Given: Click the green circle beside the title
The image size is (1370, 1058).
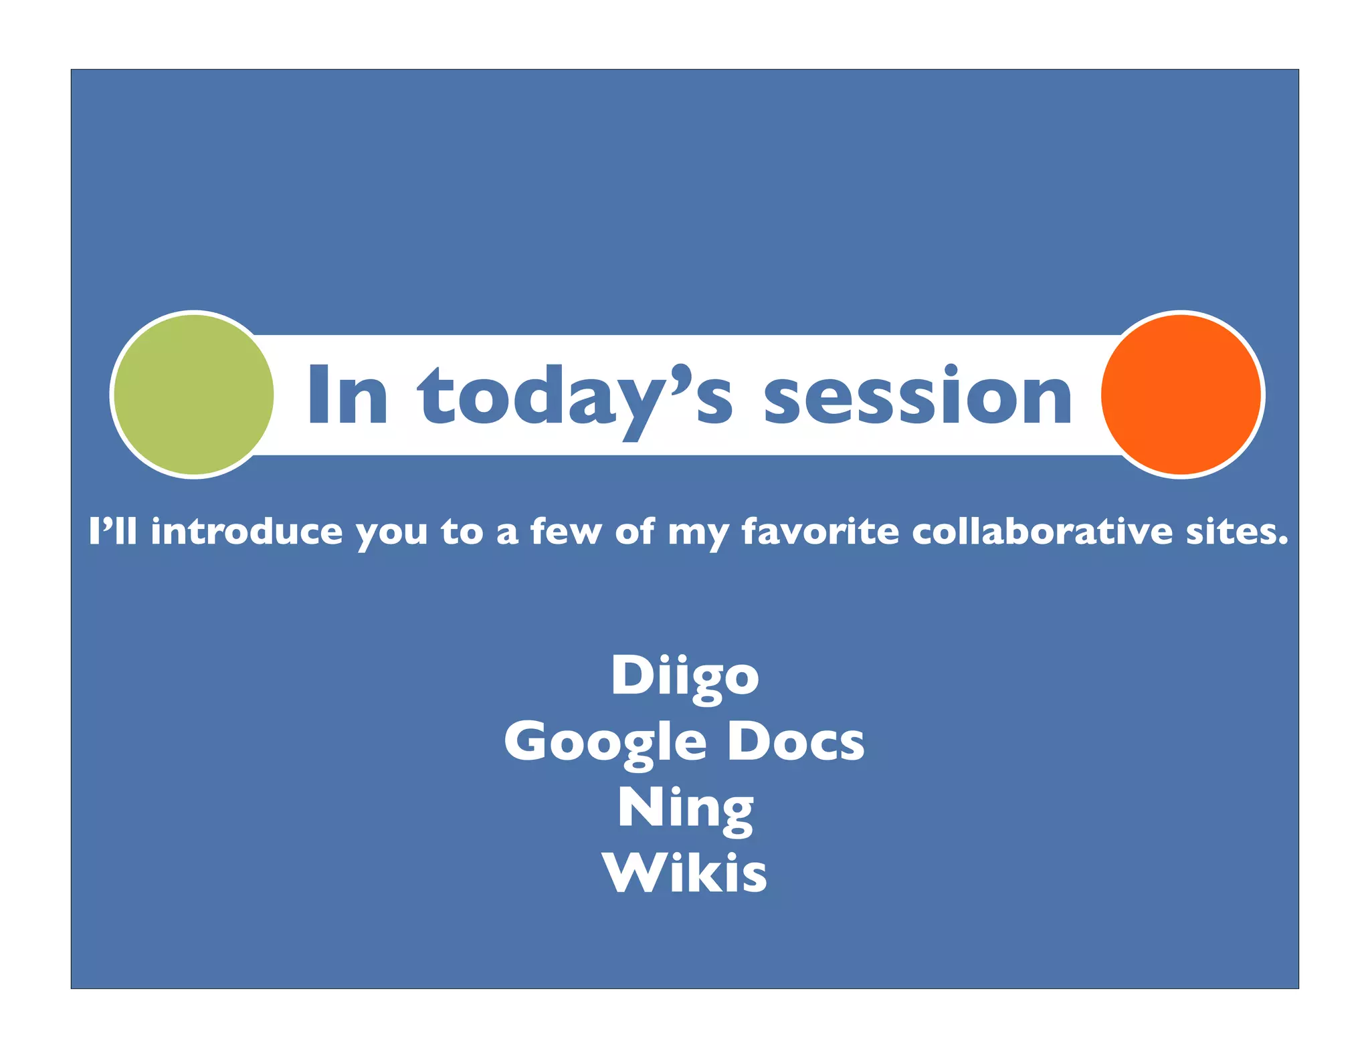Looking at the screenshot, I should click(x=193, y=395).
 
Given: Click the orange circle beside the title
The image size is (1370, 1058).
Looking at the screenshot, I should click(x=1181, y=395).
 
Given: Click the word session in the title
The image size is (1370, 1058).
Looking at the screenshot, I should click(x=918, y=396).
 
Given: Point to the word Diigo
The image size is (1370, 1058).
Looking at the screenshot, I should click(x=684, y=675).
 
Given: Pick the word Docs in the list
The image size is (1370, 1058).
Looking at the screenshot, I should click(x=796, y=741).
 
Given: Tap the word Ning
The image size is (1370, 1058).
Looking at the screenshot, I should click(x=685, y=808).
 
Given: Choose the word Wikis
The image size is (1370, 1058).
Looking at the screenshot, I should click(x=684, y=873).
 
